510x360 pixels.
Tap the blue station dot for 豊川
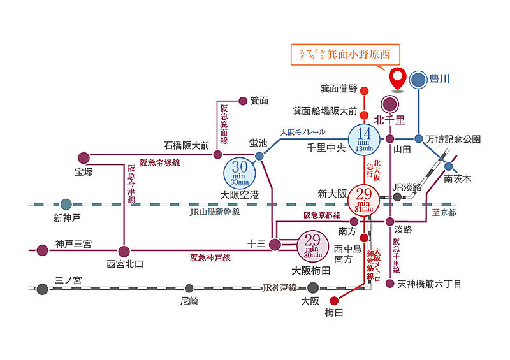point(418,80)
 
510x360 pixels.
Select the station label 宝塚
point(84,172)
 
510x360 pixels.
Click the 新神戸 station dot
point(66,205)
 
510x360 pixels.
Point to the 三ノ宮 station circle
point(42,289)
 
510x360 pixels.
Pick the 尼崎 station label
point(189,301)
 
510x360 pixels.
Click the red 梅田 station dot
point(333,300)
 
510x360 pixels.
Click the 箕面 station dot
point(242,101)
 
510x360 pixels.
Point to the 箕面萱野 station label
point(339,90)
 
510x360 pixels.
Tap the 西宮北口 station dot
point(124,250)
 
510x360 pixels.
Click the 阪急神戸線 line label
point(210,258)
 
